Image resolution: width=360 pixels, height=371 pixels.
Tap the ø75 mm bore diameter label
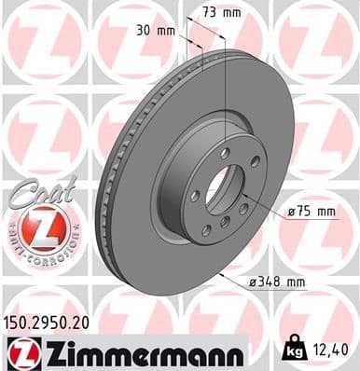pyautogui.click(x=311, y=213)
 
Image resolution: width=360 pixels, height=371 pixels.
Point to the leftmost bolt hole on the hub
pyautogui.click(x=193, y=196)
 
